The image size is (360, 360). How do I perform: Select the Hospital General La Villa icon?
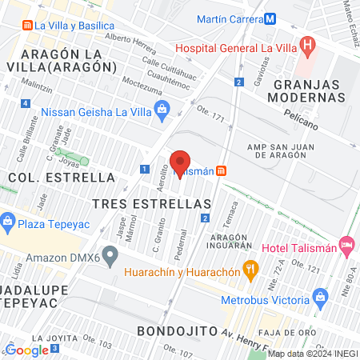point(306,46)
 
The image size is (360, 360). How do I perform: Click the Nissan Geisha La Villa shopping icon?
point(162,109)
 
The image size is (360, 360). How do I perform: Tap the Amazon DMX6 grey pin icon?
point(111,257)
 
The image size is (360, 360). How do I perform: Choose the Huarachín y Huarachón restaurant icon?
point(250,270)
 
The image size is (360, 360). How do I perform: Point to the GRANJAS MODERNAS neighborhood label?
point(309,90)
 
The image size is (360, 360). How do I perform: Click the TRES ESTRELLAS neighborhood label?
point(151,204)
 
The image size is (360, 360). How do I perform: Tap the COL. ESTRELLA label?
point(62,177)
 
